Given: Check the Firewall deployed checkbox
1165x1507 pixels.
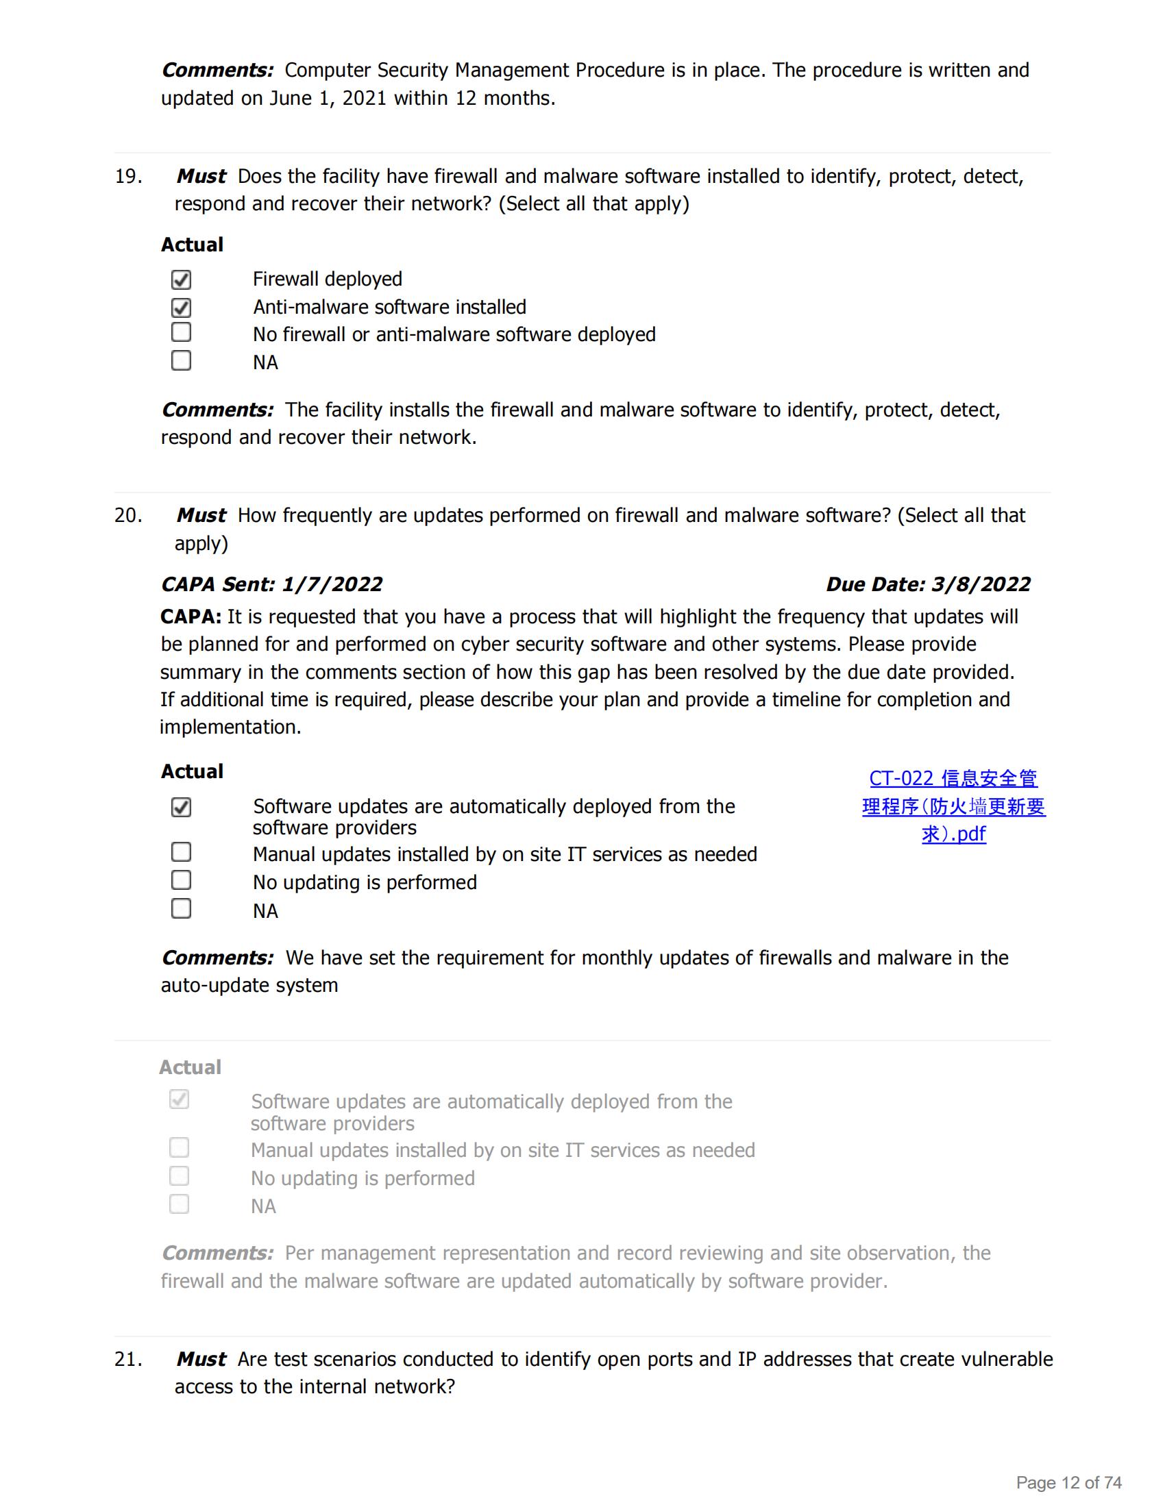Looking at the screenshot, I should tap(181, 279).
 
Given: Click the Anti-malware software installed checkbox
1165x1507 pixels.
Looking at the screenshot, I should tap(181, 308).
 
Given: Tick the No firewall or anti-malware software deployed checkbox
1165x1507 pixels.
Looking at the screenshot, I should tap(181, 333).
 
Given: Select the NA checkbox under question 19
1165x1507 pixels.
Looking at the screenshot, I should tap(181, 361).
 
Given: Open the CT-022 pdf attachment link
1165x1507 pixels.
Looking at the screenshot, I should tap(953, 806).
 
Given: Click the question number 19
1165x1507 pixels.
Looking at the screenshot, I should tap(128, 177).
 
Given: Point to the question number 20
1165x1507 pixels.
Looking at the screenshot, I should tap(128, 515).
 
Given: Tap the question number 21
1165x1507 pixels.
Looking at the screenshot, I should tap(128, 1358).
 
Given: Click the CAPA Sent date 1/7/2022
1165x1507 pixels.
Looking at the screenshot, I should tap(332, 584).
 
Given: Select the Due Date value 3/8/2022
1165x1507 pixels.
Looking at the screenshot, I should tap(981, 584).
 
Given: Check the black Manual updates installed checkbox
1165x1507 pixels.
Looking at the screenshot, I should tap(181, 852).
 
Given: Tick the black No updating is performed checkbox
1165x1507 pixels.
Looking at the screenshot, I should tap(181, 880).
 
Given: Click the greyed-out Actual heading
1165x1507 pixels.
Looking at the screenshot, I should tap(191, 1067).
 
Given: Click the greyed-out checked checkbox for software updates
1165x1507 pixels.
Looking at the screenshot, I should tap(180, 1099).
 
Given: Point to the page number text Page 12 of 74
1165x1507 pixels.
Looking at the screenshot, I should tap(1068, 1482).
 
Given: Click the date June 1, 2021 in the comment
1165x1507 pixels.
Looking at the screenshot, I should tap(327, 99).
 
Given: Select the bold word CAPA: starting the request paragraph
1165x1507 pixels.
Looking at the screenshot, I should tap(191, 617).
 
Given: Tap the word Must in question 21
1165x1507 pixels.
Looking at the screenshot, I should tap(201, 1358).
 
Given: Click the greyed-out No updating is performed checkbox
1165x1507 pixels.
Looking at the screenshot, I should tap(180, 1175).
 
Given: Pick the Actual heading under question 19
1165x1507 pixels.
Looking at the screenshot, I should tap(192, 245).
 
